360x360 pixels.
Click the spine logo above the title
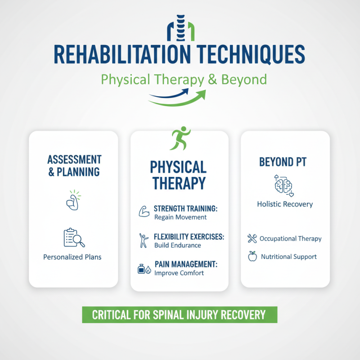180,31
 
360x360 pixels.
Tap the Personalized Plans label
72,257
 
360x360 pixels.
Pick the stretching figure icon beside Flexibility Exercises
144,241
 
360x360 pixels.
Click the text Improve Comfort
179,273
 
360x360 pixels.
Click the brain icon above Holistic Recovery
284,185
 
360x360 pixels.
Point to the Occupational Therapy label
291,238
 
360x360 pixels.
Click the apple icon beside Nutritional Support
252,256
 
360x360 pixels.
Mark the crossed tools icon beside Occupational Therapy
252,238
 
